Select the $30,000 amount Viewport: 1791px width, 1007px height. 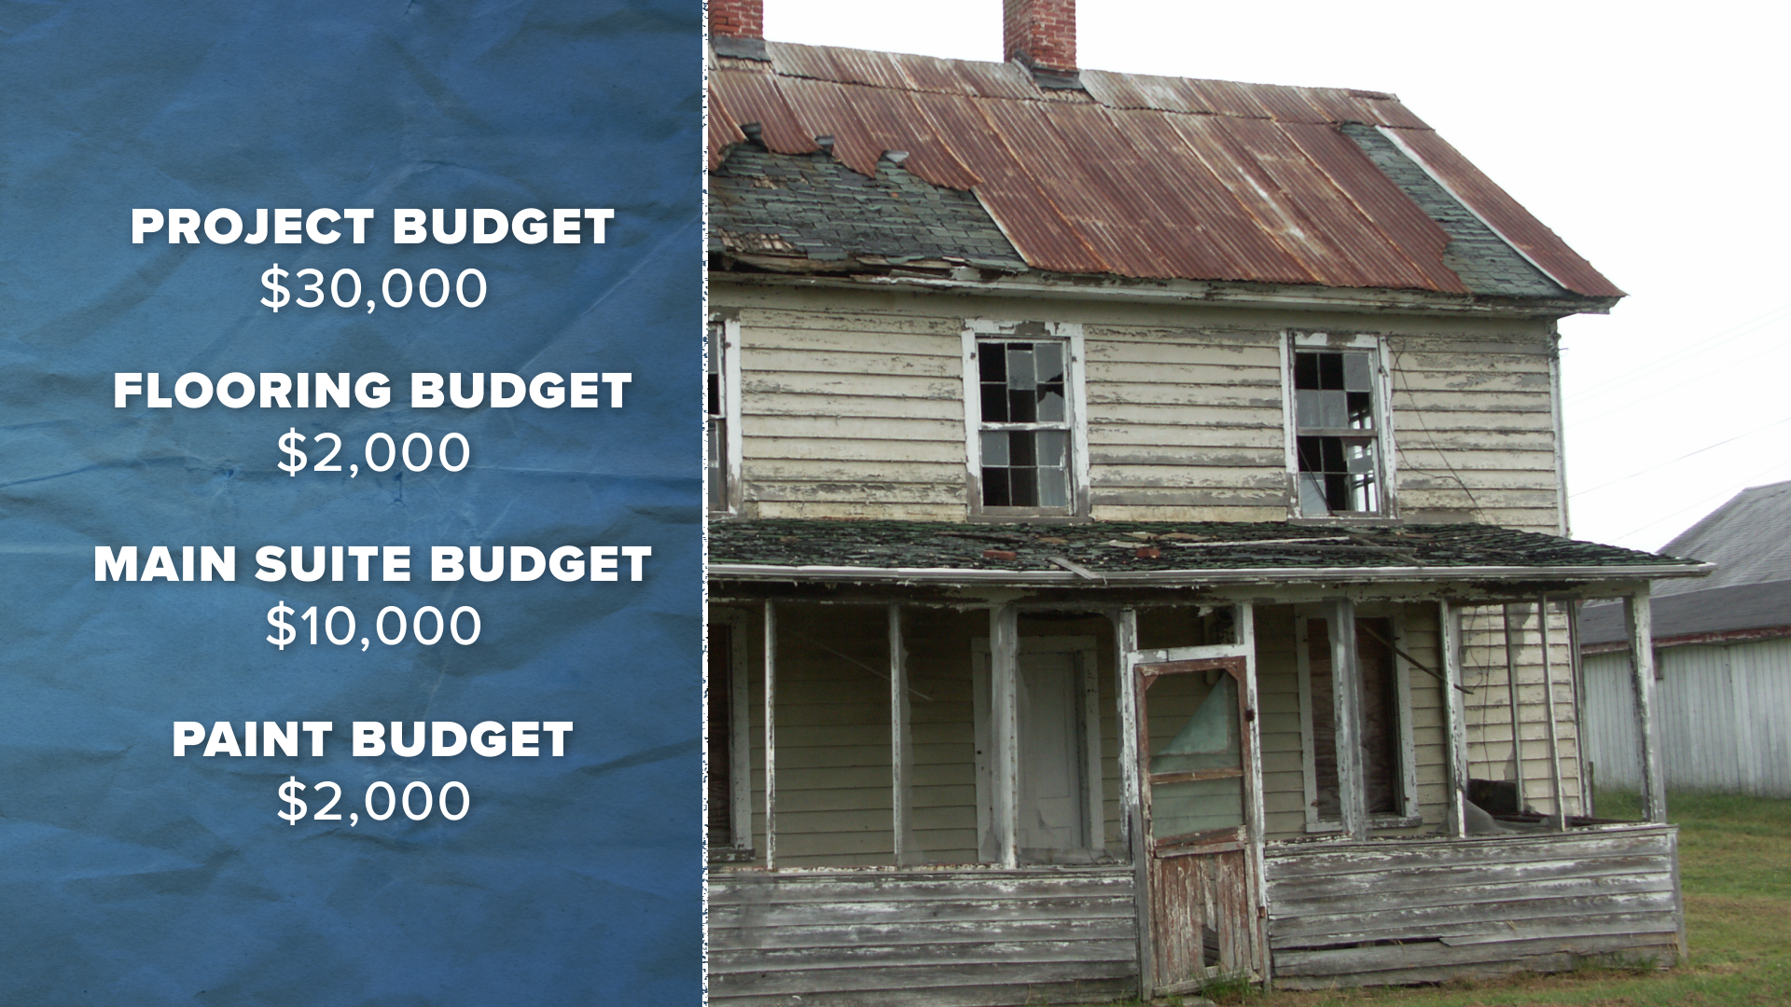click(x=373, y=289)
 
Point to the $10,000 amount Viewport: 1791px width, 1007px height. click(x=373, y=627)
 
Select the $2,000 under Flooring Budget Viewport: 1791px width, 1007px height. click(x=373, y=453)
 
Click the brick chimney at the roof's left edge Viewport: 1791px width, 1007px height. click(x=736, y=19)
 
